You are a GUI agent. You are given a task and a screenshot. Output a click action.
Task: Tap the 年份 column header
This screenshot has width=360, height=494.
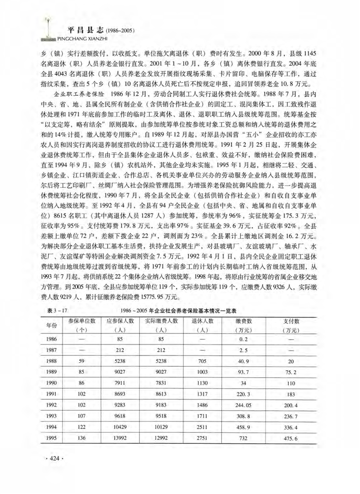click(52, 325)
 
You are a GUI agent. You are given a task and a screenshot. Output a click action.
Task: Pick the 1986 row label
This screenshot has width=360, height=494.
click(52, 339)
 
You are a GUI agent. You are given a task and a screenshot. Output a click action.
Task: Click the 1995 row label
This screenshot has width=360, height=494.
click(52, 438)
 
